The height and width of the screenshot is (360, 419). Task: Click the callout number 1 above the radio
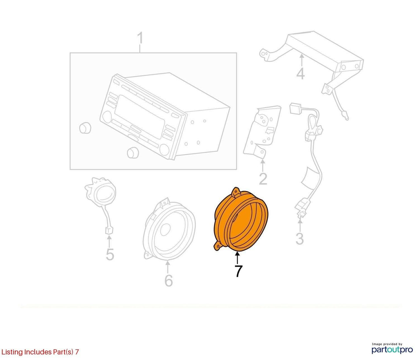[x=140, y=38]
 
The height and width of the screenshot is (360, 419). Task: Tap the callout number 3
[x=300, y=239]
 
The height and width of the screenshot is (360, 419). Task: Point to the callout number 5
[x=110, y=254]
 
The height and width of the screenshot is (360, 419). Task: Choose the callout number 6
[x=169, y=281]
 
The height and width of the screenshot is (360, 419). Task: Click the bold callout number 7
[x=238, y=271]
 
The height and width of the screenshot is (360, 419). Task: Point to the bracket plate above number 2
[x=262, y=132]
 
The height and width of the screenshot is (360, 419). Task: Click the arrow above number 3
[x=300, y=225]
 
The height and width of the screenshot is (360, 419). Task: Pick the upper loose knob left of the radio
[x=85, y=128]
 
